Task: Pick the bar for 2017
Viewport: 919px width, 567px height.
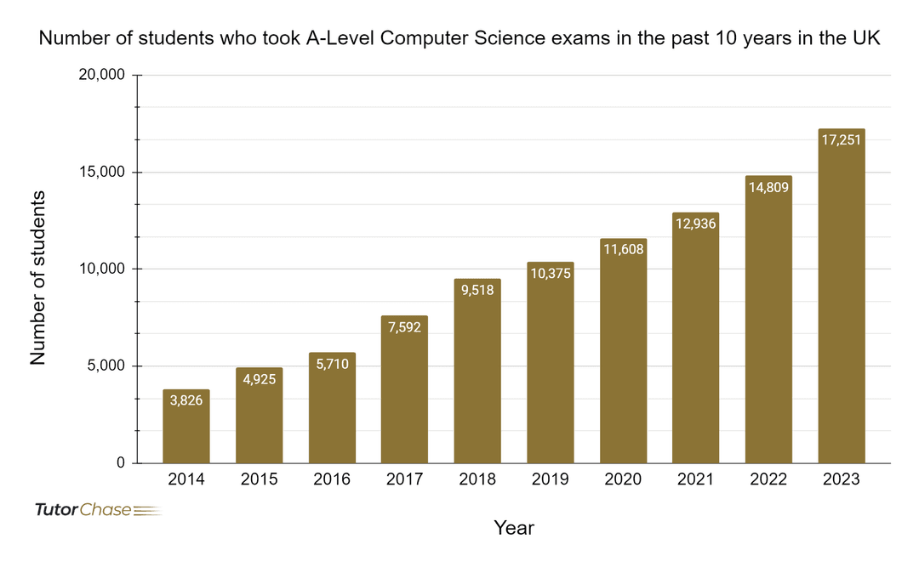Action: [x=404, y=391]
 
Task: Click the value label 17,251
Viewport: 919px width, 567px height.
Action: [x=842, y=139]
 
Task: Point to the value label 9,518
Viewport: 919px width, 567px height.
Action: [x=477, y=289]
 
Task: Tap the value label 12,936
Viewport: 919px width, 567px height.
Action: [x=695, y=224]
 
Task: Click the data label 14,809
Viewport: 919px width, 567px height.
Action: [x=768, y=187]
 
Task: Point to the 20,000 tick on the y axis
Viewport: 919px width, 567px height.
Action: [x=102, y=76]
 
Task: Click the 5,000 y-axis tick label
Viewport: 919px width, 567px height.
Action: [x=106, y=366]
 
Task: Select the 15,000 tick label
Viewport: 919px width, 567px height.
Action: [x=102, y=173]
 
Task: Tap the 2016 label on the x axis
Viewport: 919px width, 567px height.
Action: [x=332, y=480]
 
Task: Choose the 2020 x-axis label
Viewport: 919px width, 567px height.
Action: [x=623, y=480]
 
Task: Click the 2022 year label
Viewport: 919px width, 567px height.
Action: [x=768, y=480]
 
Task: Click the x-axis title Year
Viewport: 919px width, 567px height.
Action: [x=514, y=528]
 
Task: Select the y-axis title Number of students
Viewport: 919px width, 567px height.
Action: [x=38, y=278]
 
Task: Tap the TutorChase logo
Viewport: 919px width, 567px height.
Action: [x=95, y=510]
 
